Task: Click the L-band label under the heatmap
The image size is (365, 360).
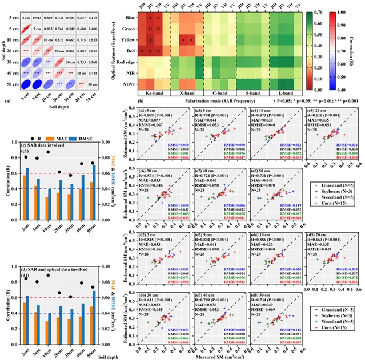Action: click(282, 92)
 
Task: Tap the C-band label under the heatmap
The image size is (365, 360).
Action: click(219, 92)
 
